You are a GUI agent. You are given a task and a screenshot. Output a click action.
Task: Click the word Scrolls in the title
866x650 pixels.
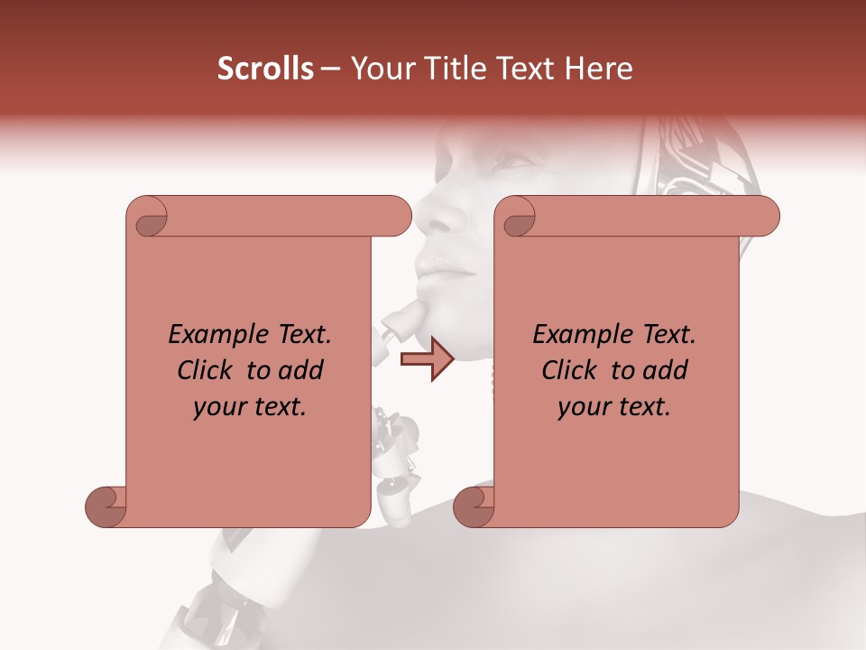[x=265, y=69]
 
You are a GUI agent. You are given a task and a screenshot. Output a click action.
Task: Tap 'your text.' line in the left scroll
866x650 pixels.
[x=250, y=407]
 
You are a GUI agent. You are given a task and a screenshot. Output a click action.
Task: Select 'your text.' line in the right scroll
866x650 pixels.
[x=614, y=407]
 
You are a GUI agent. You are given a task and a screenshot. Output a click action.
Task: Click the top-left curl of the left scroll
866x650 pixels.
[x=148, y=217]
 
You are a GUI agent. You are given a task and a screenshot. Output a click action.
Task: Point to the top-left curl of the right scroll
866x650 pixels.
[x=518, y=217]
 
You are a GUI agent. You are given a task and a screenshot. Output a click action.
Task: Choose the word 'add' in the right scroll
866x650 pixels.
[x=667, y=370]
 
